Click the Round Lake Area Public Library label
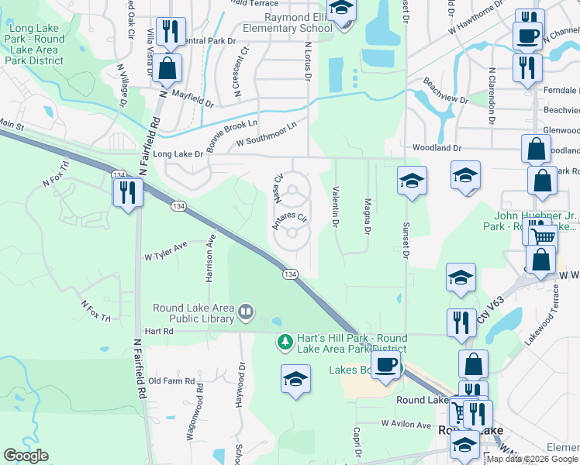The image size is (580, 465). point(193,313)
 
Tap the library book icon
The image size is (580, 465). point(246,312)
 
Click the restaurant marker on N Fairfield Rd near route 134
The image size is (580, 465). point(128,191)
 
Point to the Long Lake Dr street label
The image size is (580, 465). point(178,154)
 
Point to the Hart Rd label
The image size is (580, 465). point(157,330)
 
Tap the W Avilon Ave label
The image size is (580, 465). point(406,425)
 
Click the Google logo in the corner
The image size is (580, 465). point(26,456)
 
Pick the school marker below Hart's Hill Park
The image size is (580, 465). point(295,379)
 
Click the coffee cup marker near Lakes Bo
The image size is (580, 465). point(385,364)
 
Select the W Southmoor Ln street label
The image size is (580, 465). point(267,134)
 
